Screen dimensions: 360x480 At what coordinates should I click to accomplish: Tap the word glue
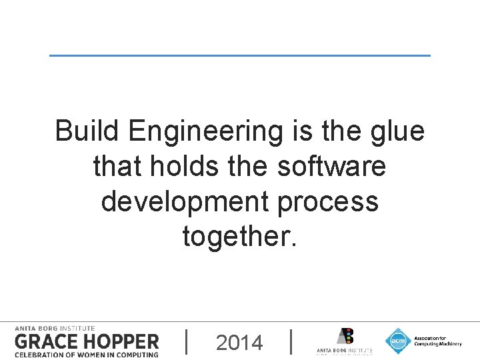point(398,132)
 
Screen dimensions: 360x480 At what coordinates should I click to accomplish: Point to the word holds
point(175,166)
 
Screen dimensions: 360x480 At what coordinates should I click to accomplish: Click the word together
point(239,236)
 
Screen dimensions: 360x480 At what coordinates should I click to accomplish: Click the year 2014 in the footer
point(239,343)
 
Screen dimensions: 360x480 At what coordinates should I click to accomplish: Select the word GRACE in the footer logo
point(49,342)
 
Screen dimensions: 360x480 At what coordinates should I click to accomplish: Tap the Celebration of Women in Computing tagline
point(87,355)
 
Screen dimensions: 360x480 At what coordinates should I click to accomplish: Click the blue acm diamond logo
point(398,341)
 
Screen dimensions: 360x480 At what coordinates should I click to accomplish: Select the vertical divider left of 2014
point(186,341)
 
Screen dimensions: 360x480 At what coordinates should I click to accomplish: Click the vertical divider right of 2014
point(293,341)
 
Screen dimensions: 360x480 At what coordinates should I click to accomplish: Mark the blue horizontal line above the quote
point(240,55)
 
